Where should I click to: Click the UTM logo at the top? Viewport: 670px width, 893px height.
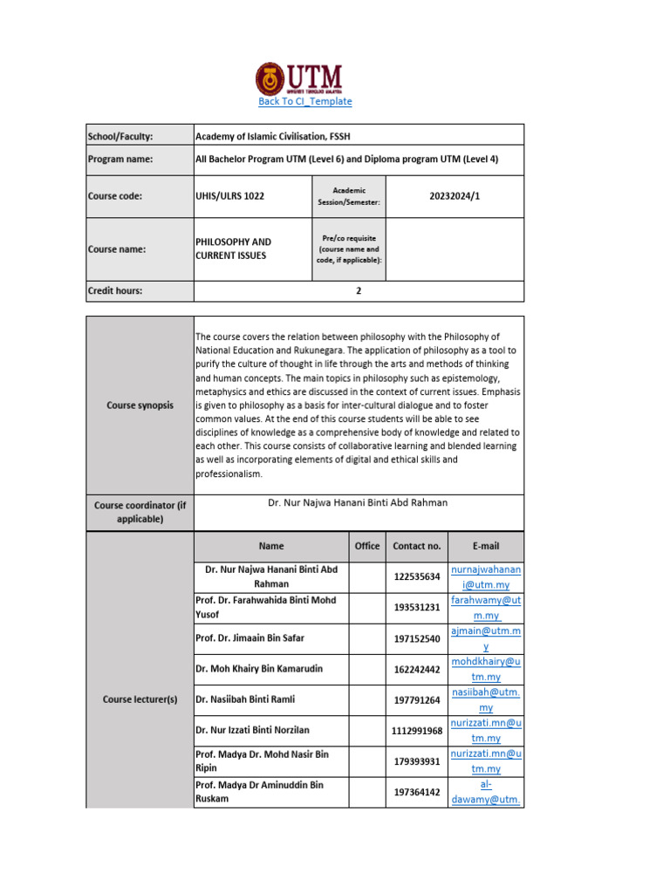click(298, 78)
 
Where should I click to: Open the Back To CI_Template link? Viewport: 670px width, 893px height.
click(305, 101)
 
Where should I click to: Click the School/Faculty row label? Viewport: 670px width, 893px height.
click(120, 136)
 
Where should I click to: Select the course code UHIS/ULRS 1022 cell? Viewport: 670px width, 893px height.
click(229, 197)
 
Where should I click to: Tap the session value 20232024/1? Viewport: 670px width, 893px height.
click(455, 197)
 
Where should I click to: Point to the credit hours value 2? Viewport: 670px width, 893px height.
click(359, 291)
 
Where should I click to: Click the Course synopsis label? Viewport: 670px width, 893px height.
click(140, 406)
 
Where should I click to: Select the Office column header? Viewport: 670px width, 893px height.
click(367, 546)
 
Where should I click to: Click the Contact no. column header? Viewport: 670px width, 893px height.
click(417, 546)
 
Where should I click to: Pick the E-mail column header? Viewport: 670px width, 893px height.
click(486, 546)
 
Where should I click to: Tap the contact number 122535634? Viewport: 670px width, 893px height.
click(417, 576)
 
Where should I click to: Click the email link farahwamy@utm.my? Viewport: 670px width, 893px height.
click(486, 608)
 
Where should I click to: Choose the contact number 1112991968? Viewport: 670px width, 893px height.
click(417, 731)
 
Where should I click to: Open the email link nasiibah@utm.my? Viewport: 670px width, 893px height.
click(486, 699)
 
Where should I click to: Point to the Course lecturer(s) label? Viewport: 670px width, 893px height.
click(140, 699)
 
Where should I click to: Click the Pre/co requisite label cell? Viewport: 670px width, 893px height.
click(348, 249)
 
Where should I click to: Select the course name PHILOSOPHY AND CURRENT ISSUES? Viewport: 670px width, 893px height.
click(233, 249)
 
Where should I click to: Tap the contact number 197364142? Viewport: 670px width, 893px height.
click(417, 792)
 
